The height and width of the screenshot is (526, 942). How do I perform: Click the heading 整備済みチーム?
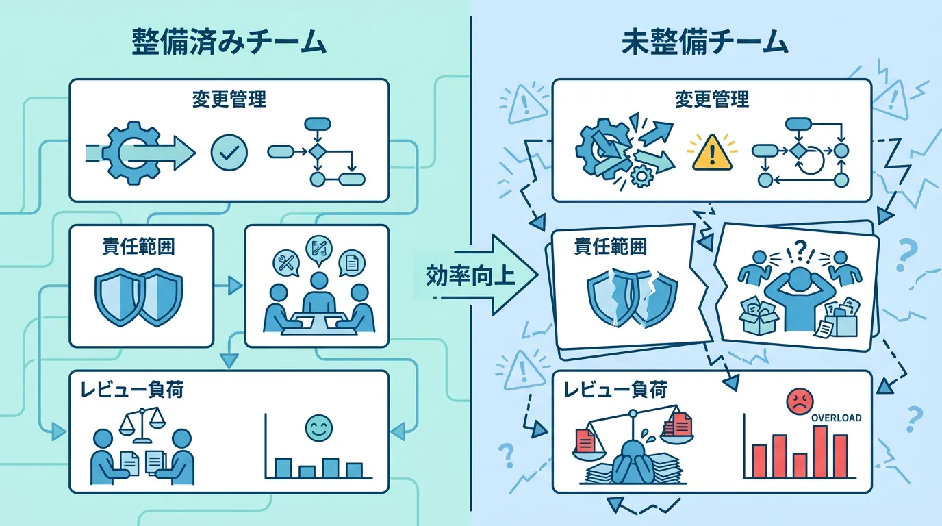coord(229,42)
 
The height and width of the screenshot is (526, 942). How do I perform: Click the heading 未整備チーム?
coord(704,42)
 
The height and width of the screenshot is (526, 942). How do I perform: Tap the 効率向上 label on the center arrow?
coord(470,276)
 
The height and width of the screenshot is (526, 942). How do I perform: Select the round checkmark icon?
coord(229,152)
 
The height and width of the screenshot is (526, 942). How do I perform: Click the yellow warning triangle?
coord(712,152)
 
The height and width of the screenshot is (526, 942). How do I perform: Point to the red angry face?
coord(800,401)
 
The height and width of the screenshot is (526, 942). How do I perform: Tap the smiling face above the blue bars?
coord(319,428)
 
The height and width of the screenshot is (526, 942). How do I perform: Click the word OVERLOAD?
coord(836,418)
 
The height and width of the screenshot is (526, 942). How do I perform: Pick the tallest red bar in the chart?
coord(820,452)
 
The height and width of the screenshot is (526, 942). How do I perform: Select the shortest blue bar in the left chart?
coord(307,472)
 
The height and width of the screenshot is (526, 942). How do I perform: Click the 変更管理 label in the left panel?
coord(229,100)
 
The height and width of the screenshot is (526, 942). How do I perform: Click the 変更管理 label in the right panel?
coord(712,100)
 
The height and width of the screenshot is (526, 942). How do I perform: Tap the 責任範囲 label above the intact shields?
coord(138,246)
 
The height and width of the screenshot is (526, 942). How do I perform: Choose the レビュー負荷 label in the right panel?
coord(615,390)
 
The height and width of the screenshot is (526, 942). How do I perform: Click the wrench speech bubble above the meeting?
coord(286,263)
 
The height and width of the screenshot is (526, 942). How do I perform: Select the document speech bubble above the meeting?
coord(352,263)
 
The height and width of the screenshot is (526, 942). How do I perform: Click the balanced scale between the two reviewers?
coord(142,425)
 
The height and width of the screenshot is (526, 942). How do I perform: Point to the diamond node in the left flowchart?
coord(317,151)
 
